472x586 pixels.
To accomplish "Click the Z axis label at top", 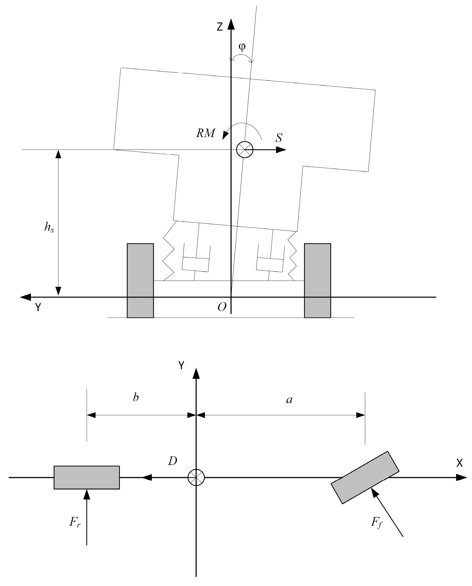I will pos(220,27).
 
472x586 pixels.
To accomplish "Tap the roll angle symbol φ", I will pos(242,47).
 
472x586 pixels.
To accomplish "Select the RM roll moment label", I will pos(206,133).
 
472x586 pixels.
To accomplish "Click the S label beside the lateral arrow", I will pos(279,138).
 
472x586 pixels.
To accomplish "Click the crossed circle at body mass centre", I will pos(245,150).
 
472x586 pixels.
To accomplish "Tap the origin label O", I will pos(222,307).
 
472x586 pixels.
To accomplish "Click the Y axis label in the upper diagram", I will pos(38,307).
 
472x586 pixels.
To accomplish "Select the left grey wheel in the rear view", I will pos(140,281).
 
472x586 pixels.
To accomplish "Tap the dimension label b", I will pos(136,398).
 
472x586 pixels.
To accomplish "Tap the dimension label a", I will pos(289,400).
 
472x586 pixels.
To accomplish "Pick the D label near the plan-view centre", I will pos(173,461).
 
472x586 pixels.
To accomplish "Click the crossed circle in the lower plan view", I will pos(196,478).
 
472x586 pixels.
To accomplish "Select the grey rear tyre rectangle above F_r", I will pos(87,478).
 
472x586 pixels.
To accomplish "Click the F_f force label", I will pos(377,522).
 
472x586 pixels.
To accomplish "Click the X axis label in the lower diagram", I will pos(459,463).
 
